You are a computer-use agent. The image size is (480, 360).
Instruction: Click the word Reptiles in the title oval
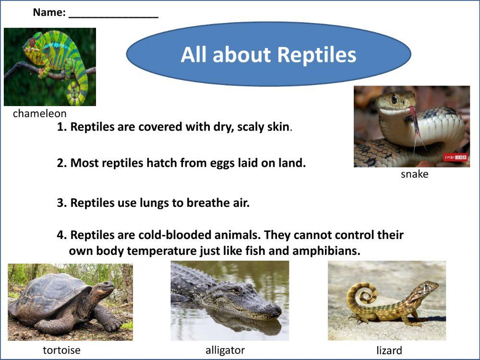317,55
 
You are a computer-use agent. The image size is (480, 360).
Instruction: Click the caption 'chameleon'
39,114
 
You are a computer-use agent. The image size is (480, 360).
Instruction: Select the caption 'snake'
414,174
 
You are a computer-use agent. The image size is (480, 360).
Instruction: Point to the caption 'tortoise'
61,350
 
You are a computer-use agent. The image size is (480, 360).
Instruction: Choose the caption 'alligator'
225,350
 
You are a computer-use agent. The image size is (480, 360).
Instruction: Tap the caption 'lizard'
389,351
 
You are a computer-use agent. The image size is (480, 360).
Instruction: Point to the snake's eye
394,98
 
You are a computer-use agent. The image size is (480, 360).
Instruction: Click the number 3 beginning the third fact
61,203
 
